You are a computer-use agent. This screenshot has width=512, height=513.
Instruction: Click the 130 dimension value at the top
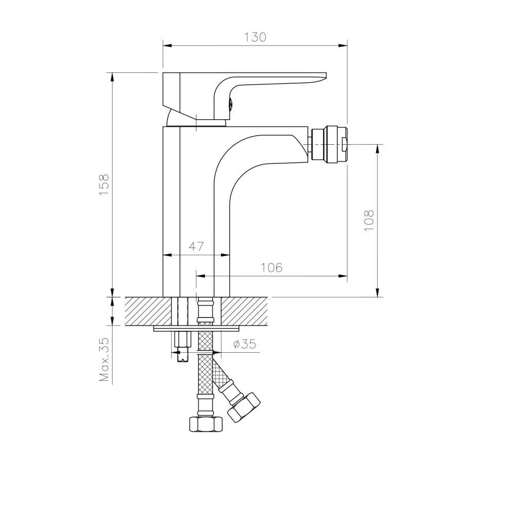[255, 37]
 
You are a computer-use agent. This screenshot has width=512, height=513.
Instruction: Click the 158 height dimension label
[104, 185]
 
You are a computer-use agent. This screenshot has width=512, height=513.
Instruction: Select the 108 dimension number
[369, 220]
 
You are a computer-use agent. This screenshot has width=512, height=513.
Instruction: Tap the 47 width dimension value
[196, 246]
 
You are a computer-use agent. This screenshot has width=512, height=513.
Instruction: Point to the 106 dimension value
[271, 268]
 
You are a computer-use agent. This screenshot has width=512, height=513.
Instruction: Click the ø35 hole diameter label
[244, 345]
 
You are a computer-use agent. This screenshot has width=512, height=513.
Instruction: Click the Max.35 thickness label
[105, 359]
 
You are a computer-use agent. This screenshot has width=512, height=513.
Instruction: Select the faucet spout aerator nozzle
[330, 144]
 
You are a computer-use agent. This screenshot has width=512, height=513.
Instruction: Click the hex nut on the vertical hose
[206, 424]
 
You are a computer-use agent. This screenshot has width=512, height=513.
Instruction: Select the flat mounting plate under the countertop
[197, 328]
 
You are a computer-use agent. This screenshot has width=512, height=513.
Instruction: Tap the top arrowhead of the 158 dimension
[112, 77]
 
